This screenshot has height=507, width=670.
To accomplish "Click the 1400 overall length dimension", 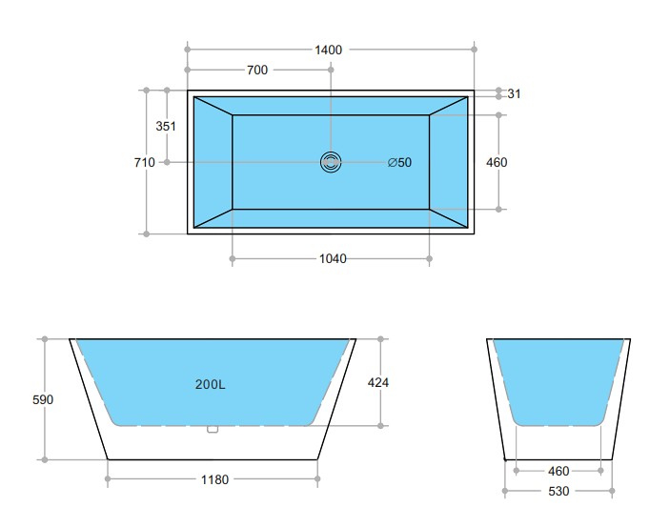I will click(x=329, y=49).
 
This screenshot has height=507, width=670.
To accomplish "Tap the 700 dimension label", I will click(x=257, y=70).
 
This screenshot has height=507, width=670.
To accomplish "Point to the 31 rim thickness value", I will click(x=514, y=93).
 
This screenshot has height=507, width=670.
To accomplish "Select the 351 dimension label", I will click(x=166, y=126).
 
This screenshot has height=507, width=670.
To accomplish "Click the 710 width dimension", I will click(x=144, y=162).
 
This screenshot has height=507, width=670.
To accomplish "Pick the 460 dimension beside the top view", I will click(x=497, y=162).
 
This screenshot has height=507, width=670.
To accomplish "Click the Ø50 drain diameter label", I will click(x=400, y=162).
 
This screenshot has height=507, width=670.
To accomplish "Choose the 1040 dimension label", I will click(x=333, y=258).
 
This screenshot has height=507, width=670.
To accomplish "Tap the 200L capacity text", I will click(x=210, y=385).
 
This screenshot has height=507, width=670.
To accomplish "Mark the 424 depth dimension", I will click(x=378, y=382).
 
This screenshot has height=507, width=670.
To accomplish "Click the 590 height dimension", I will click(x=43, y=399).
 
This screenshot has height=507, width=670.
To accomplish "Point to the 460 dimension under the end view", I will click(x=558, y=471).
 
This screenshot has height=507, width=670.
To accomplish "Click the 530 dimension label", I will click(x=558, y=492).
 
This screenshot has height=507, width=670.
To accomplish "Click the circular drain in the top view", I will click(x=331, y=162).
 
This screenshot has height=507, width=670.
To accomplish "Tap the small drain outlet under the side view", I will click(x=213, y=430).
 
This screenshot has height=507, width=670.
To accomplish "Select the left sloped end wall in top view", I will click(x=213, y=162).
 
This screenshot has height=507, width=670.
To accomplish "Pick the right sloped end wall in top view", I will click(x=448, y=162).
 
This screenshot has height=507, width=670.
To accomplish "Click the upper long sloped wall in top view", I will click(x=331, y=105).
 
